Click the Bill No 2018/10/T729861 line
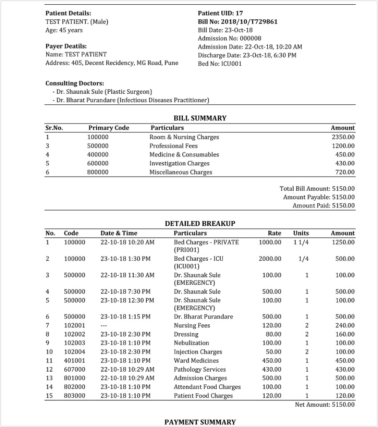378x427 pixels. pyautogui.click(x=237, y=21)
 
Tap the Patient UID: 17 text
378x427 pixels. pyautogui.click(x=220, y=13)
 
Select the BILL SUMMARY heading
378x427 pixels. pyautogui.click(x=200, y=118)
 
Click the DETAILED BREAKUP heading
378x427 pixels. pyautogui.click(x=200, y=223)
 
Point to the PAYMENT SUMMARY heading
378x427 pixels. pyautogui.click(x=200, y=422)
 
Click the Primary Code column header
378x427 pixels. pyautogui.click(x=109, y=128)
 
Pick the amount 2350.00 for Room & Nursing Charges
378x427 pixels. pyautogui.click(x=343, y=137)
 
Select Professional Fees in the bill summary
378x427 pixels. pyautogui.click(x=173, y=146)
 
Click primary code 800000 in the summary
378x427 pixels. pyautogui.click(x=98, y=172)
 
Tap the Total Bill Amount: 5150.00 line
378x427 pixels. pyautogui.click(x=317, y=189)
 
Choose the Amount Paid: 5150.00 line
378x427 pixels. pyautogui.click(x=324, y=206)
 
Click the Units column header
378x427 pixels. pyautogui.click(x=301, y=233)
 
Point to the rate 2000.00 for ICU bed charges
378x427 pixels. pyautogui.click(x=270, y=259)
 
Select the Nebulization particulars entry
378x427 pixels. pyautogui.click(x=191, y=343)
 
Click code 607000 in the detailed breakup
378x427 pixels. pyautogui.click(x=75, y=369)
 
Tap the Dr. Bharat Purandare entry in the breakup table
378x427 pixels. pyautogui.click(x=203, y=317)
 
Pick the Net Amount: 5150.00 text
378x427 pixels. pyautogui.click(x=325, y=405)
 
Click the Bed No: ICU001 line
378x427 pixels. pyautogui.click(x=220, y=64)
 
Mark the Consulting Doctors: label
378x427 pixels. pyautogui.click(x=75, y=83)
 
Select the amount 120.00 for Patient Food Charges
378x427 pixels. pyautogui.click(x=345, y=396)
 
